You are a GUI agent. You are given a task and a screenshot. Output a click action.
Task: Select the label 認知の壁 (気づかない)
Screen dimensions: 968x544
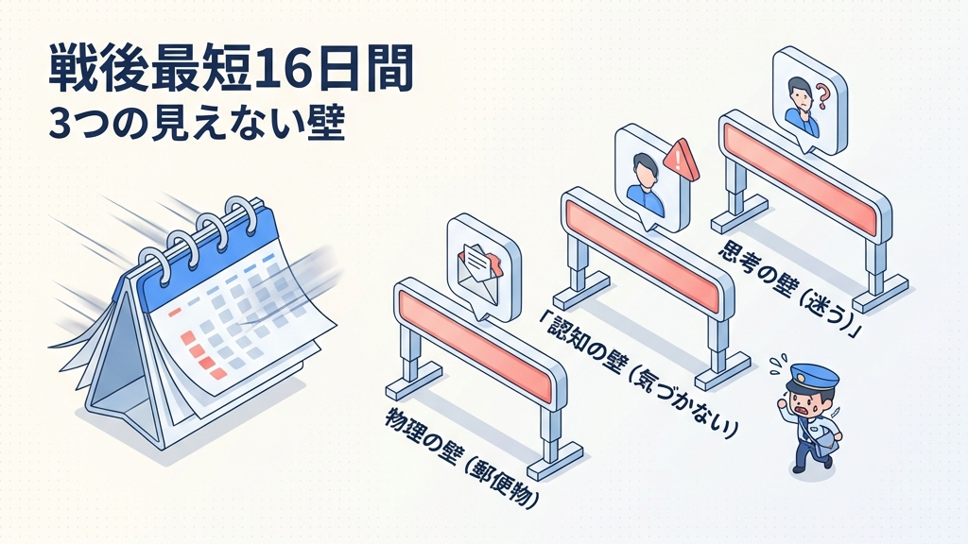click(638, 373)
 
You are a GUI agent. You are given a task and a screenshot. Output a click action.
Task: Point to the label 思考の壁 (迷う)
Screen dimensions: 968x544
click(791, 289)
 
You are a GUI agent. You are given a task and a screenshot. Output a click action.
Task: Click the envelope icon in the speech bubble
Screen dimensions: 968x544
click(479, 265)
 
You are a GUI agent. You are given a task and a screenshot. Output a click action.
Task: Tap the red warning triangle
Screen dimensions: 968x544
click(682, 159)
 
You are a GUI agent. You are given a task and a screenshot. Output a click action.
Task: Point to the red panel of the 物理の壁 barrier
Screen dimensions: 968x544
click(475, 346)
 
